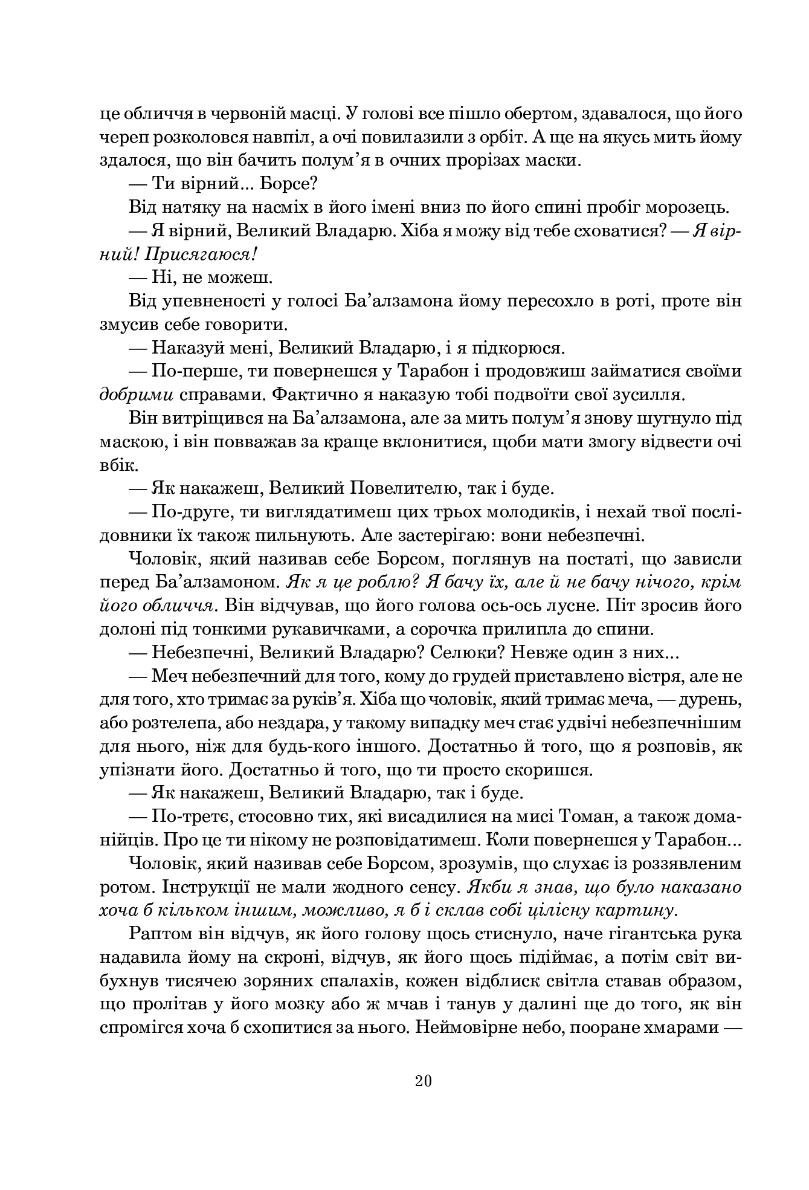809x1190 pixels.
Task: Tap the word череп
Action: pyautogui.click(x=118, y=137)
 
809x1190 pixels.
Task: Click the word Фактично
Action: pyautogui.click(x=313, y=395)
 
